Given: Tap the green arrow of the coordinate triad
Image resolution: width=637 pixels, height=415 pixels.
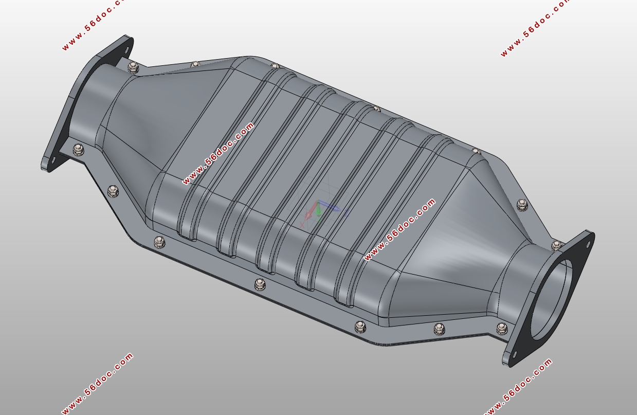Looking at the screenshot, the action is pos(318,209).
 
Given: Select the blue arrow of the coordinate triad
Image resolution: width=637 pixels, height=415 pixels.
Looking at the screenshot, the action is pos(330,206).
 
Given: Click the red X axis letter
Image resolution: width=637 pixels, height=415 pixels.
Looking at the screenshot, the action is pos(302,225).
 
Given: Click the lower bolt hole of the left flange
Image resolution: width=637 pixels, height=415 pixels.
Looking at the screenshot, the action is pos(52,160).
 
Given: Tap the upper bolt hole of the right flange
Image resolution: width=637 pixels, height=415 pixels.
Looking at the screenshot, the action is pos(588,244).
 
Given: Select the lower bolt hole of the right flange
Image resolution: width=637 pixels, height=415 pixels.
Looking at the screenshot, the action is pos(514,354).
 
